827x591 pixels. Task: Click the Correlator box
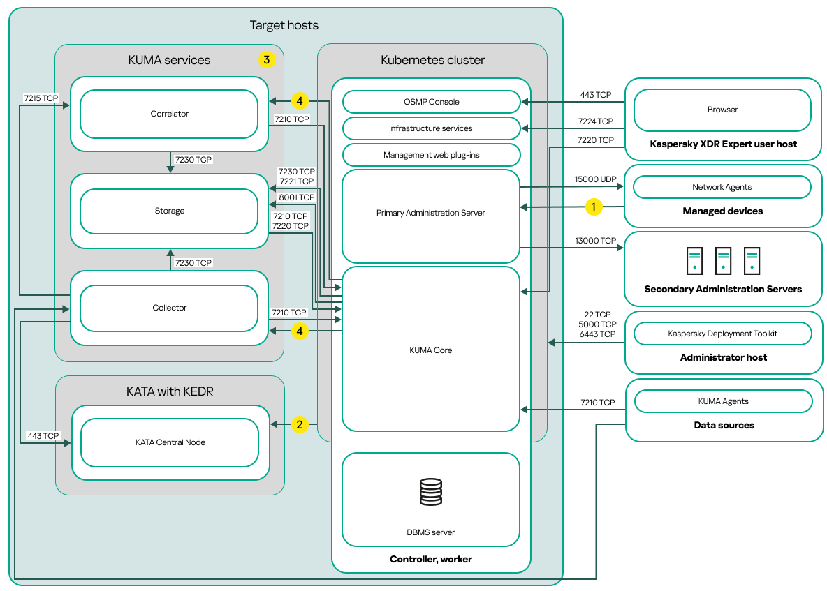[169, 114]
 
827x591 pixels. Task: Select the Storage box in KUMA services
[169, 211]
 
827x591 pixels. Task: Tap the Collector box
[169, 308]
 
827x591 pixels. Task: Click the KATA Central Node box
[170, 442]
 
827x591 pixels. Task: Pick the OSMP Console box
[431, 102]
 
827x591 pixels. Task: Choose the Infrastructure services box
[431, 128]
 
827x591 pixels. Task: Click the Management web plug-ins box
[431, 155]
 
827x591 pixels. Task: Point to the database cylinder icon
[431, 492]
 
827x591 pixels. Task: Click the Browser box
[722, 110]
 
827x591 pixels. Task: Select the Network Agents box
[722, 187]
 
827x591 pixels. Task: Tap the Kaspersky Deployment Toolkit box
[722, 334]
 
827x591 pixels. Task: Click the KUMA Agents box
[723, 401]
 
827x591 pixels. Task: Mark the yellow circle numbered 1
[594, 207]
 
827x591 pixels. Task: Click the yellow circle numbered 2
[300, 424]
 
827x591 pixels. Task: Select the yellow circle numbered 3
[266, 59]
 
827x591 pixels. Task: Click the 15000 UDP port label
[595, 179]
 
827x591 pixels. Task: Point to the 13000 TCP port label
[595, 241]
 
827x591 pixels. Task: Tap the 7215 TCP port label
[41, 98]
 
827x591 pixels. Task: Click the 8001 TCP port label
[296, 197]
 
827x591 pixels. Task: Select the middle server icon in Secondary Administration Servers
[723, 260]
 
